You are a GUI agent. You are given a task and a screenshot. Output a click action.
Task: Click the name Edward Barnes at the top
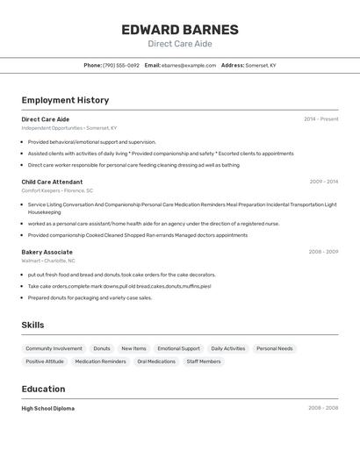coord(179,30)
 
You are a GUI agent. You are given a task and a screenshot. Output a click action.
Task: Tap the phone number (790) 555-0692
coord(121,66)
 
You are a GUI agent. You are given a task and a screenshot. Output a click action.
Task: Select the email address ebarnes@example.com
coord(188,66)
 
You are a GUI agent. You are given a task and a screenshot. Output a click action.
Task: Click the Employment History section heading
coord(65,100)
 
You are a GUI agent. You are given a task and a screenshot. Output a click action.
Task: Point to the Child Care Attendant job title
coord(52,182)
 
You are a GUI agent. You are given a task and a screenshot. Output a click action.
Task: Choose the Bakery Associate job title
coord(47,252)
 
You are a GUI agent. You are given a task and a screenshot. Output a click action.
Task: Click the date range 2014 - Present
coord(320,119)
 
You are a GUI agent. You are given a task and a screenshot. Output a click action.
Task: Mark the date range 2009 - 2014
coord(323,182)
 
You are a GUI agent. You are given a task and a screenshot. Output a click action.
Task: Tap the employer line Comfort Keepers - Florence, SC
coord(57,190)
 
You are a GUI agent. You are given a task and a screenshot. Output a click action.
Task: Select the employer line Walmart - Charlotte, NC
coord(48,261)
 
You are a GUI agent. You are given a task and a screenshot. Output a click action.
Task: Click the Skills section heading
coord(32,325)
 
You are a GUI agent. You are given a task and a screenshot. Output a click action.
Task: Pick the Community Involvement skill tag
coord(54,348)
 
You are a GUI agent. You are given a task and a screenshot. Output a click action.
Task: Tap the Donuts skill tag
coord(102,348)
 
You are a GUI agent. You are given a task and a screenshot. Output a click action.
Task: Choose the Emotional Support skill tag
coord(178,348)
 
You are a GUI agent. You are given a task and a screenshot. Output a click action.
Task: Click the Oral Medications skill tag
coord(156,361)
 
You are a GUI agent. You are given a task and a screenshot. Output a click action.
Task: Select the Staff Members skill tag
coord(204,361)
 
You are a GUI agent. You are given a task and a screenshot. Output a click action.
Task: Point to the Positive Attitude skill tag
coord(45,361)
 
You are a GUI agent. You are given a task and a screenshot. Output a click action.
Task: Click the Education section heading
coord(43,389)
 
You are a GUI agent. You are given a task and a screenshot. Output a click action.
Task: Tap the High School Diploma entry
coord(48,408)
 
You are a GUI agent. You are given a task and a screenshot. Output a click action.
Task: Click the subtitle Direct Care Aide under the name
coord(179,44)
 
